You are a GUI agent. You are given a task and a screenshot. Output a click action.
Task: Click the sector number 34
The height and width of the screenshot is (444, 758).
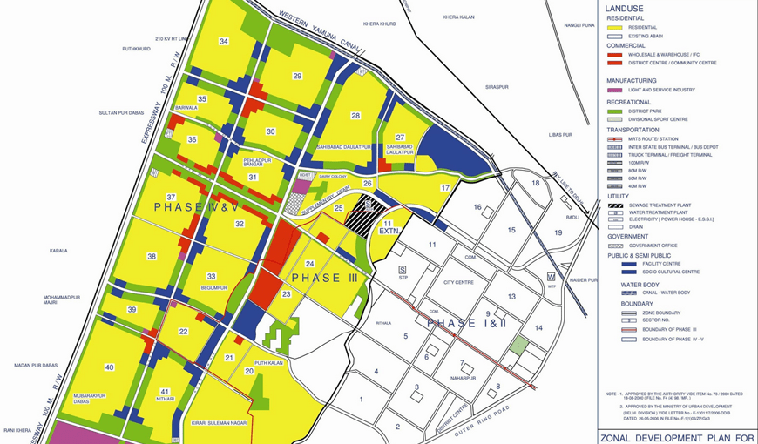click(224, 42)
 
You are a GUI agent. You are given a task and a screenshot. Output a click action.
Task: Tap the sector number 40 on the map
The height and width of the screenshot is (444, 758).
click(109, 367)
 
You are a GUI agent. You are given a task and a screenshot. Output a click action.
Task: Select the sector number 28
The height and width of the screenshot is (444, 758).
click(355, 116)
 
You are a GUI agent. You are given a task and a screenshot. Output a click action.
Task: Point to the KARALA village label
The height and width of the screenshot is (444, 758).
click(58, 251)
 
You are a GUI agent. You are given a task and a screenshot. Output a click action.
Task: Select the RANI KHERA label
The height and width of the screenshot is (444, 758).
click(17, 430)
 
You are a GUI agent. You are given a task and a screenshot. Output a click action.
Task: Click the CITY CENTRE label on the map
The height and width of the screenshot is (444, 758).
click(458, 283)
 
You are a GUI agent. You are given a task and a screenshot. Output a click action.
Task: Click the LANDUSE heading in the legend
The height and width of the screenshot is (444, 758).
click(626, 9)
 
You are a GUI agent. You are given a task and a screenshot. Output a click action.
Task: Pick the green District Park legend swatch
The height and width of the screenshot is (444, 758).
click(614, 111)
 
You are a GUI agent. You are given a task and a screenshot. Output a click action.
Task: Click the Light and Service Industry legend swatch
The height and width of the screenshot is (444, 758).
click(614, 90)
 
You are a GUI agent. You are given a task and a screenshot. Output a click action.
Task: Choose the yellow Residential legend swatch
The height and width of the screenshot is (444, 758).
click(614, 28)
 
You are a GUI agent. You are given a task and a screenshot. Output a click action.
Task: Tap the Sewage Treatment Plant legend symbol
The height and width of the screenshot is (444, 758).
click(614, 205)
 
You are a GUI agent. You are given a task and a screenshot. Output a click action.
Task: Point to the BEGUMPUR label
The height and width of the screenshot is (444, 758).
click(213, 286)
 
